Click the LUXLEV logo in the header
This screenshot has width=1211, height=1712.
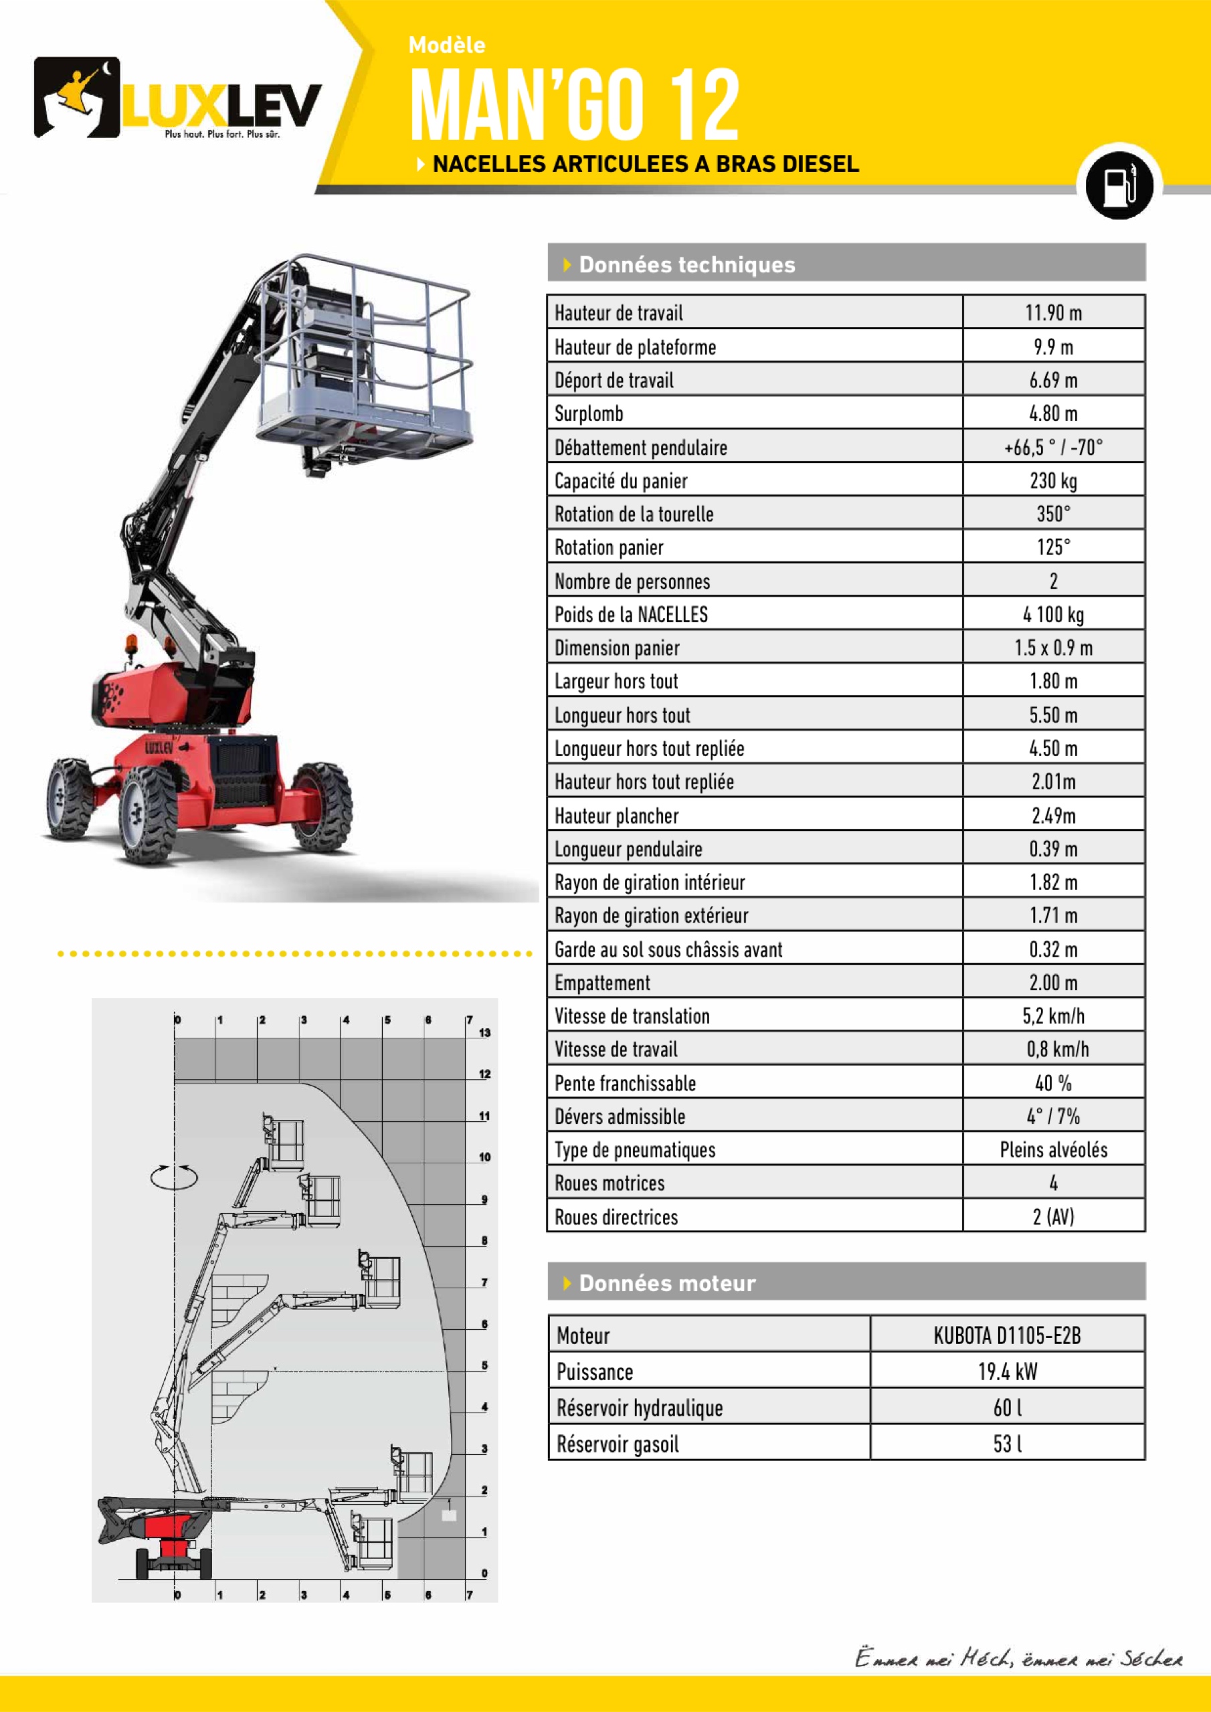point(177,98)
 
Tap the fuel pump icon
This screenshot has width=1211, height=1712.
point(1119,184)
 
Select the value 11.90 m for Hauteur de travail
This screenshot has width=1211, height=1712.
point(1053,312)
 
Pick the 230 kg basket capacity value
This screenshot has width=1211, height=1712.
point(1053,480)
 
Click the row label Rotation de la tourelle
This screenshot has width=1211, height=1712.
point(634,514)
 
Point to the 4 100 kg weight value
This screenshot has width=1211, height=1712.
point(1053,614)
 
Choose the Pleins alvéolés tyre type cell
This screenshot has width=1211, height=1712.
point(1053,1150)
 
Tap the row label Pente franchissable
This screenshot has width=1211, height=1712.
point(625,1083)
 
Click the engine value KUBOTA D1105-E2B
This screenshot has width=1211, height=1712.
point(1007,1335)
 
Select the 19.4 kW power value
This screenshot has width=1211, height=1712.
point(1007,1372)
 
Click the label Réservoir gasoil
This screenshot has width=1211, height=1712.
point(618,1444)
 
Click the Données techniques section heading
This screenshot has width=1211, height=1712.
point(686,265)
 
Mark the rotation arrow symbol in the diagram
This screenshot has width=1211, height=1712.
point(174,1176)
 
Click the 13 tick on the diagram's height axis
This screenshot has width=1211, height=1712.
point(484,1033)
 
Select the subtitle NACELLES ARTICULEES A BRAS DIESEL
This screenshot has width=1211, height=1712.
point(645,164)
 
